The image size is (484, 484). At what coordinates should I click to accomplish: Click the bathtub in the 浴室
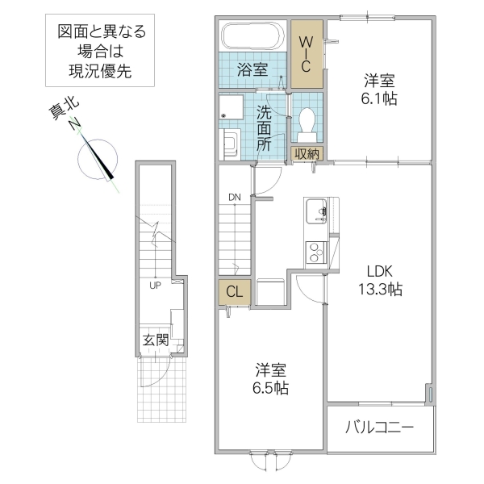[x=251, y=36]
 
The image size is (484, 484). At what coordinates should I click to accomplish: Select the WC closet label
[x=307, y=53]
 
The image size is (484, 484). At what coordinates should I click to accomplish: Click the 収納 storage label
[x=307, y=153]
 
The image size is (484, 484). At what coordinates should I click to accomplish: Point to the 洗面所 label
[x=265, y=128]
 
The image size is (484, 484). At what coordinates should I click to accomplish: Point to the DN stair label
[x=234, y=197]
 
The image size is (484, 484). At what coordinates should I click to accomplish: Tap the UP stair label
[x=153, y=285]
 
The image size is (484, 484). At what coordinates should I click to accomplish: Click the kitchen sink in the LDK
[x=315, y=213]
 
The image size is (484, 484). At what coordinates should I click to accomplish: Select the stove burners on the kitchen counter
[x=314, y=252]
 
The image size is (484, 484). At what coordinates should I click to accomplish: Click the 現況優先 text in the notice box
[x=101, y=71]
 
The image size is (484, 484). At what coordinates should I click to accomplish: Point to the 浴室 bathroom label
[x=252, y=70]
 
